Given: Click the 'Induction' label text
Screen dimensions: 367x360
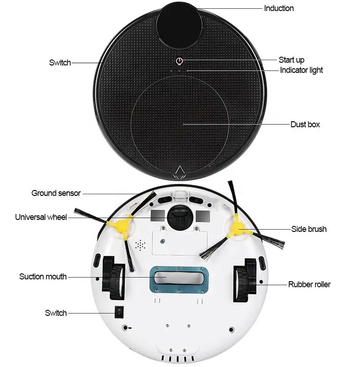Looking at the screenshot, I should tap(279, 8).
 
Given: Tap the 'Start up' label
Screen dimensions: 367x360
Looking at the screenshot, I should tap(291, 60).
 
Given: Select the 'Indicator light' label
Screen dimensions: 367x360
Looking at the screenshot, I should tap(301, 70).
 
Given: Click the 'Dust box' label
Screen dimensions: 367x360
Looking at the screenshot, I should tap(305, 124).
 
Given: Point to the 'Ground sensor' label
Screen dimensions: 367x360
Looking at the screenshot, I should tap(56, 193).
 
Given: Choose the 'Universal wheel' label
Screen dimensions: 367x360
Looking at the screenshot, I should tap(41, 217).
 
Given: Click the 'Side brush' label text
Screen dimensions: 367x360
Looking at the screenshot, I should tap(308, 229).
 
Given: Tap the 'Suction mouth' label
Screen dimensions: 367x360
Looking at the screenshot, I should tap(43, 277).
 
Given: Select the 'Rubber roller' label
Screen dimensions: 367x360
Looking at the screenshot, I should tap(309, 284).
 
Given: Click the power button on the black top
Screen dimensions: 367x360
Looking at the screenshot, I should tap(180, 61).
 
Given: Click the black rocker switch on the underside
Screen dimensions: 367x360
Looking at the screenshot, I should tap(119, 313).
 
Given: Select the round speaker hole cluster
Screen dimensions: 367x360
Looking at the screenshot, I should tap(139, 245).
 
